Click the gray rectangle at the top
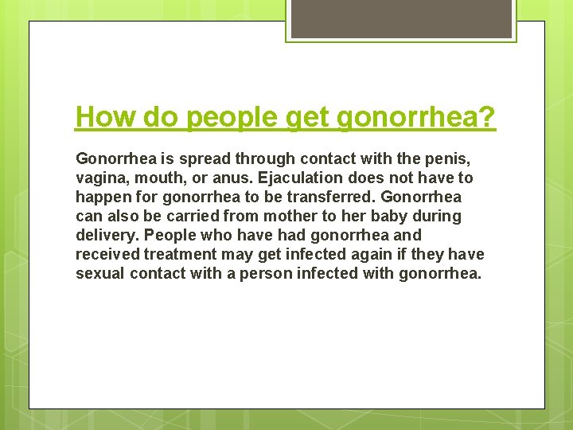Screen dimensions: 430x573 [400, 18]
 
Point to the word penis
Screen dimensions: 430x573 [451, 158]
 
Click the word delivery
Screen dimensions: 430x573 [104, 235]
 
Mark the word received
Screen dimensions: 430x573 [107, 254]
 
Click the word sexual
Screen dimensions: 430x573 [101, 273]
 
